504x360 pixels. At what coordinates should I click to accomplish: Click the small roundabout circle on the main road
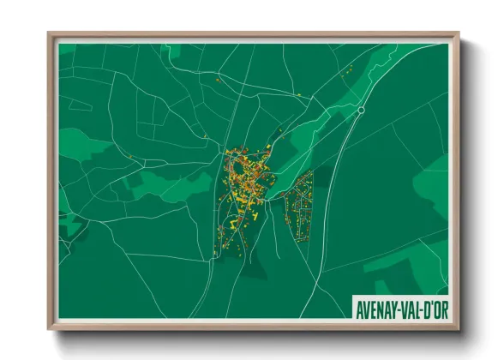click(361, 111)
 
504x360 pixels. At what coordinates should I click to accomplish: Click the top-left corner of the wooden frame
click(49, 34)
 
